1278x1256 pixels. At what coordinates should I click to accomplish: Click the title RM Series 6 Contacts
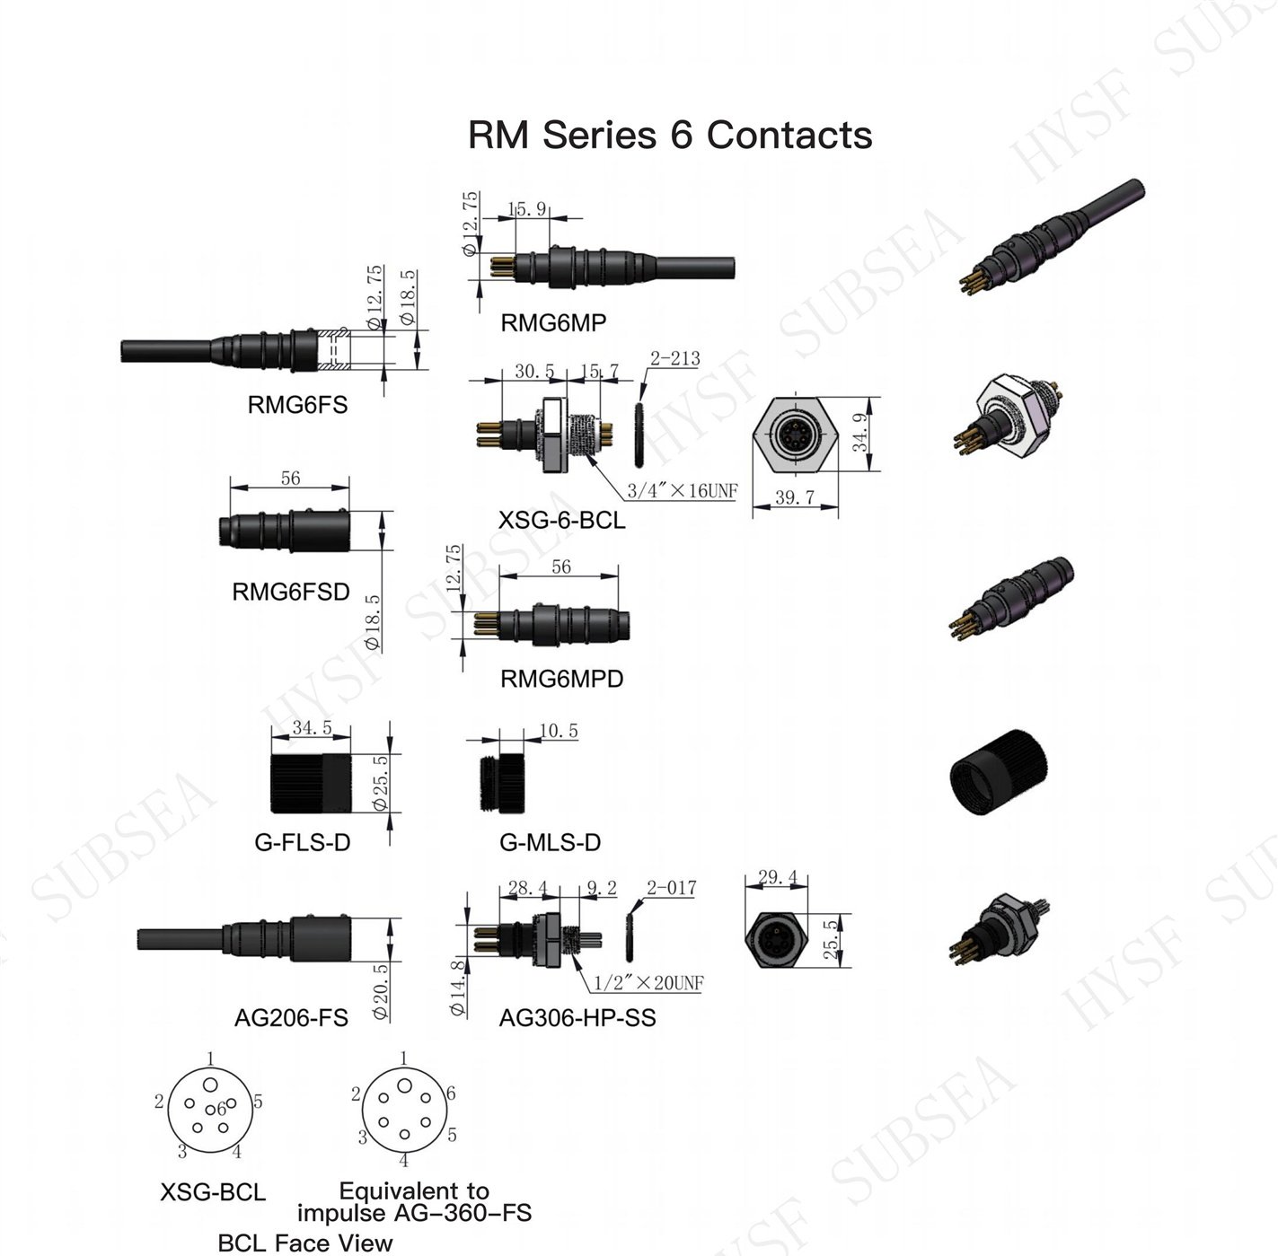(670, 135)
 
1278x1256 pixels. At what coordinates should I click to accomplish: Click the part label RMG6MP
(553, 323)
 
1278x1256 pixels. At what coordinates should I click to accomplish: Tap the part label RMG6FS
(297, 405)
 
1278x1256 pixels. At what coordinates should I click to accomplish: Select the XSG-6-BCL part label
(561, 520)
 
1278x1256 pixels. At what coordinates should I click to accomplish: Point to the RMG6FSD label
(290, 592)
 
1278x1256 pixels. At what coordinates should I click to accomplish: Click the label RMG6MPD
(561, 679)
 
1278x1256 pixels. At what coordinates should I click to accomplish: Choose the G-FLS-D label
(302, 842)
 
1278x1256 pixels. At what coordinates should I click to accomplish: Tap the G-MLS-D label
(550, 842)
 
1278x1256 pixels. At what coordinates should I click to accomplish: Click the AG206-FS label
(291, 1017)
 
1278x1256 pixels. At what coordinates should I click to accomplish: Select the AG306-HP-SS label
(577, 1017)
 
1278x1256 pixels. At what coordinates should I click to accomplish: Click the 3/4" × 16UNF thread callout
(683, 491)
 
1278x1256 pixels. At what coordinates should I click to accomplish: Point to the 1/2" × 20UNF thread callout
(648, 983)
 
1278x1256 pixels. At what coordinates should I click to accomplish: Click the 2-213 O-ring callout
(675, 358)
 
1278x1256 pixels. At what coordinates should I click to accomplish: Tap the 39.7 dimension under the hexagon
(795, 496)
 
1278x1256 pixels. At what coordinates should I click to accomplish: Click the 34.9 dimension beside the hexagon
(860, 433)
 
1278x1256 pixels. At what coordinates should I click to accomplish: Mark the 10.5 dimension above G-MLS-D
(559, 731)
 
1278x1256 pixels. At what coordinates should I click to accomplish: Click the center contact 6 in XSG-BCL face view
(210, 1110)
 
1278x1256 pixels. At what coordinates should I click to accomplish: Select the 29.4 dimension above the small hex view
(777, 877)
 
